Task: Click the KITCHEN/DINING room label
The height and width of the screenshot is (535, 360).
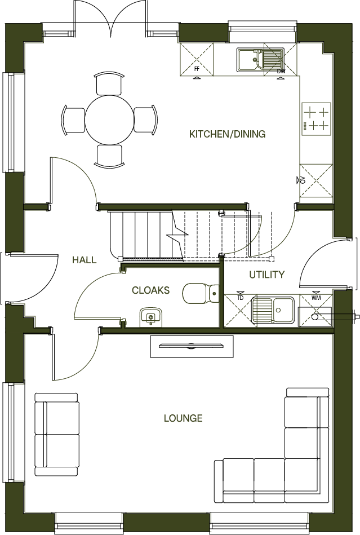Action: pyautogui.click(x=227, y=134)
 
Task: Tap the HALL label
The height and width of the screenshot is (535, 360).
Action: pyautogui.click(x=84, y=260)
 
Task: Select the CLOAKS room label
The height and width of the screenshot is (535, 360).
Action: pyautogui.click(x=150, y=290)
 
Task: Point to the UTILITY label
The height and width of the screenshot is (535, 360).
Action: pyautogui.click(x=267, y=275)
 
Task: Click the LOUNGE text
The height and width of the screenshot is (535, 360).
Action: pyautogui.click(x=183, y=418)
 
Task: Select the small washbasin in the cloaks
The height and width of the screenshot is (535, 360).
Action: pyautogui.click(x=150, y=317)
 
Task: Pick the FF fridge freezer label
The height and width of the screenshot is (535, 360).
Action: pyautogui.click(x=197, y=68)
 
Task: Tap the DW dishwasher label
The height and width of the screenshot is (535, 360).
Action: pyautogui.click(x=281, y=71)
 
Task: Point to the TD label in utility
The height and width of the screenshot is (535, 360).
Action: pyautogui.click(x=240, y=298)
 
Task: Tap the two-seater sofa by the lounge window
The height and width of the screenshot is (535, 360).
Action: pyautogui.click(x=57, y=434)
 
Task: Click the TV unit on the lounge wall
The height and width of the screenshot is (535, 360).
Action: pyautogui.click(x=192, y=346)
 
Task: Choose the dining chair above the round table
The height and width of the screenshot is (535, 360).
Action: pyautogui.click(x=109, y=83)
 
